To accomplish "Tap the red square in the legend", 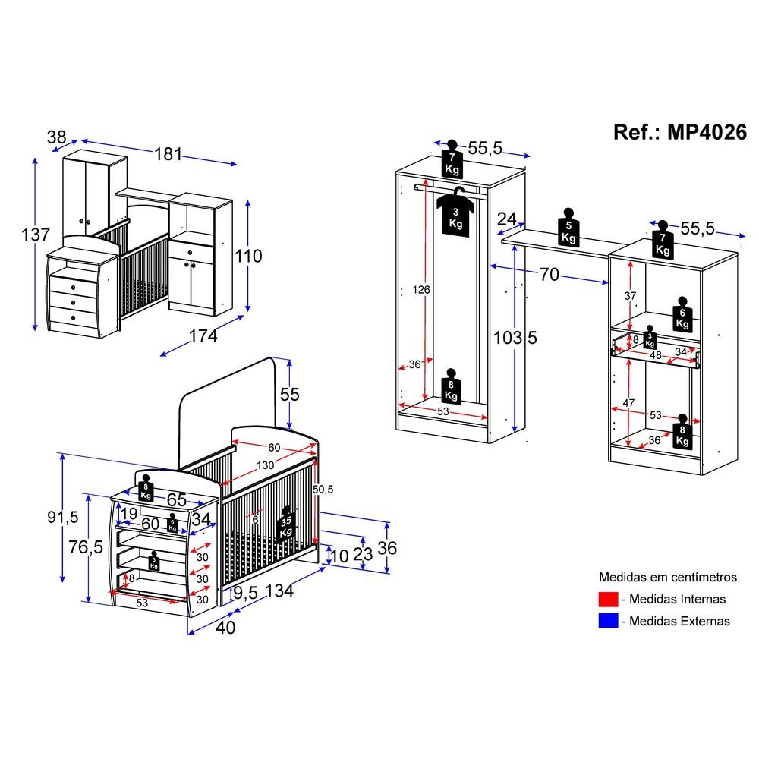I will point(608,599).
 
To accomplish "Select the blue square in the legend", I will point(608,621).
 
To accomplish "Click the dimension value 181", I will point(168,154).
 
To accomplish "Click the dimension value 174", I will point(203,335).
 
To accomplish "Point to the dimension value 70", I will point(549,274).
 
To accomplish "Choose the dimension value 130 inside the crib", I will point(265,465).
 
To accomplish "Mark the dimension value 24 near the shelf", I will point(506,219).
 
